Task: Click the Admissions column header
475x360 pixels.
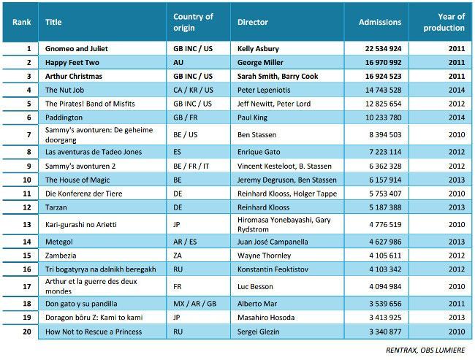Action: coord(380,22)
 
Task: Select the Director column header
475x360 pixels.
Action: coord(253,22)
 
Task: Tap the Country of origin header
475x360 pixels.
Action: coord(193,22)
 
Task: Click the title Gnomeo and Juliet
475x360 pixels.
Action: coord(76,49)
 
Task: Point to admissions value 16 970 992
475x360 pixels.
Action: coord(383,63)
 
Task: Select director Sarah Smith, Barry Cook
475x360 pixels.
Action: coord(278,76)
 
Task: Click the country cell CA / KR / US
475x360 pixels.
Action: coord(193,91)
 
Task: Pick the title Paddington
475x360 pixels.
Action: coord(64,118)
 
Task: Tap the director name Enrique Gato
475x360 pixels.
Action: coord(259,152)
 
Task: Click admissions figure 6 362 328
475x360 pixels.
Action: coord(385,166)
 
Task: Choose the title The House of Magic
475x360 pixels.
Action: coord(77,180)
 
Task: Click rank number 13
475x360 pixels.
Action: coord(27,225)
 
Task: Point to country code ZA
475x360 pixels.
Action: coord(178,256)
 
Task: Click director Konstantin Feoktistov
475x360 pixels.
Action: coord(273,269)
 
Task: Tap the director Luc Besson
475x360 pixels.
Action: coord(255,286)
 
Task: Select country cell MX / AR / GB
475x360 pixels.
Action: coord(195,304)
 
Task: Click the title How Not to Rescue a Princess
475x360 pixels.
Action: coord(94,332)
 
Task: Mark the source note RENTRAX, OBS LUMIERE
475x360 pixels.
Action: coord(425,351)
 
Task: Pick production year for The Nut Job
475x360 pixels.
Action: coord(457,91)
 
